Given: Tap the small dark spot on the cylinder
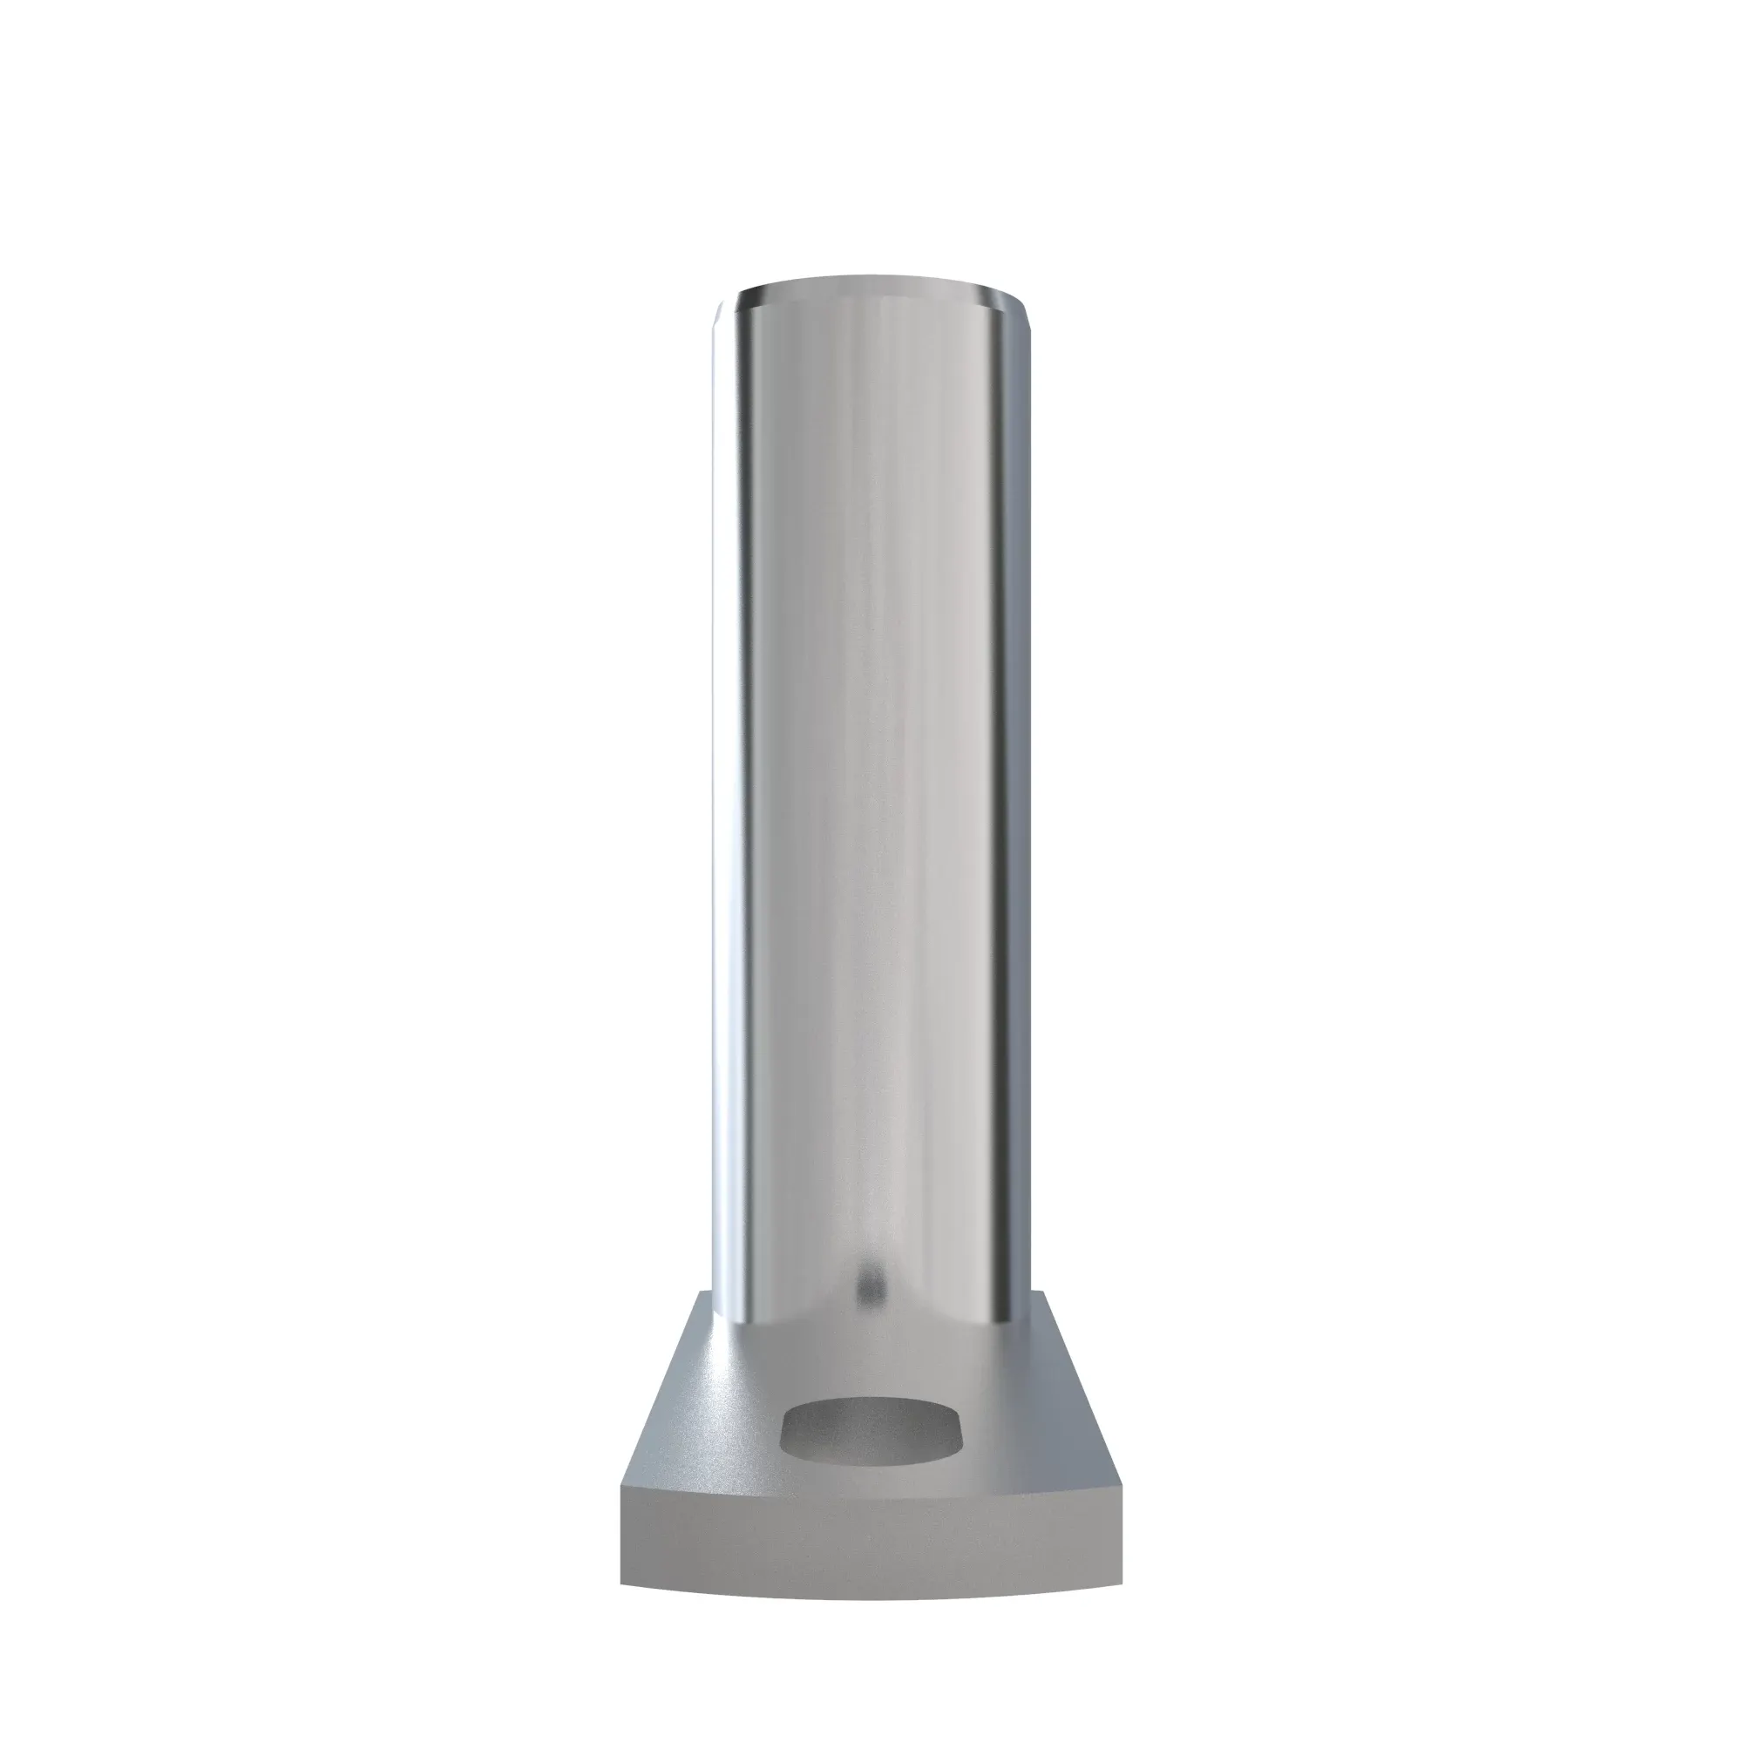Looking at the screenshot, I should (x=868, y=1270).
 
